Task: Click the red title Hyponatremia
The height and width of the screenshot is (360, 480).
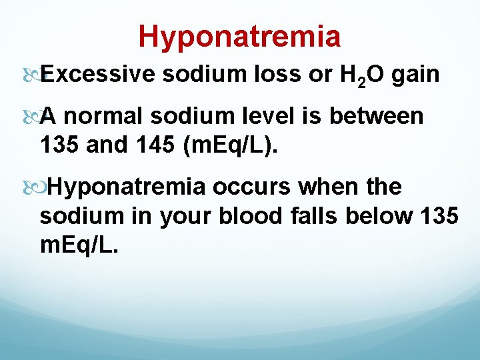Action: click(239, 36)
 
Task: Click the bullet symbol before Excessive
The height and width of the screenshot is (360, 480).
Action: click(33, 75)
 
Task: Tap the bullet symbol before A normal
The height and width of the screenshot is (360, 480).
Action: click(33, 117)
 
